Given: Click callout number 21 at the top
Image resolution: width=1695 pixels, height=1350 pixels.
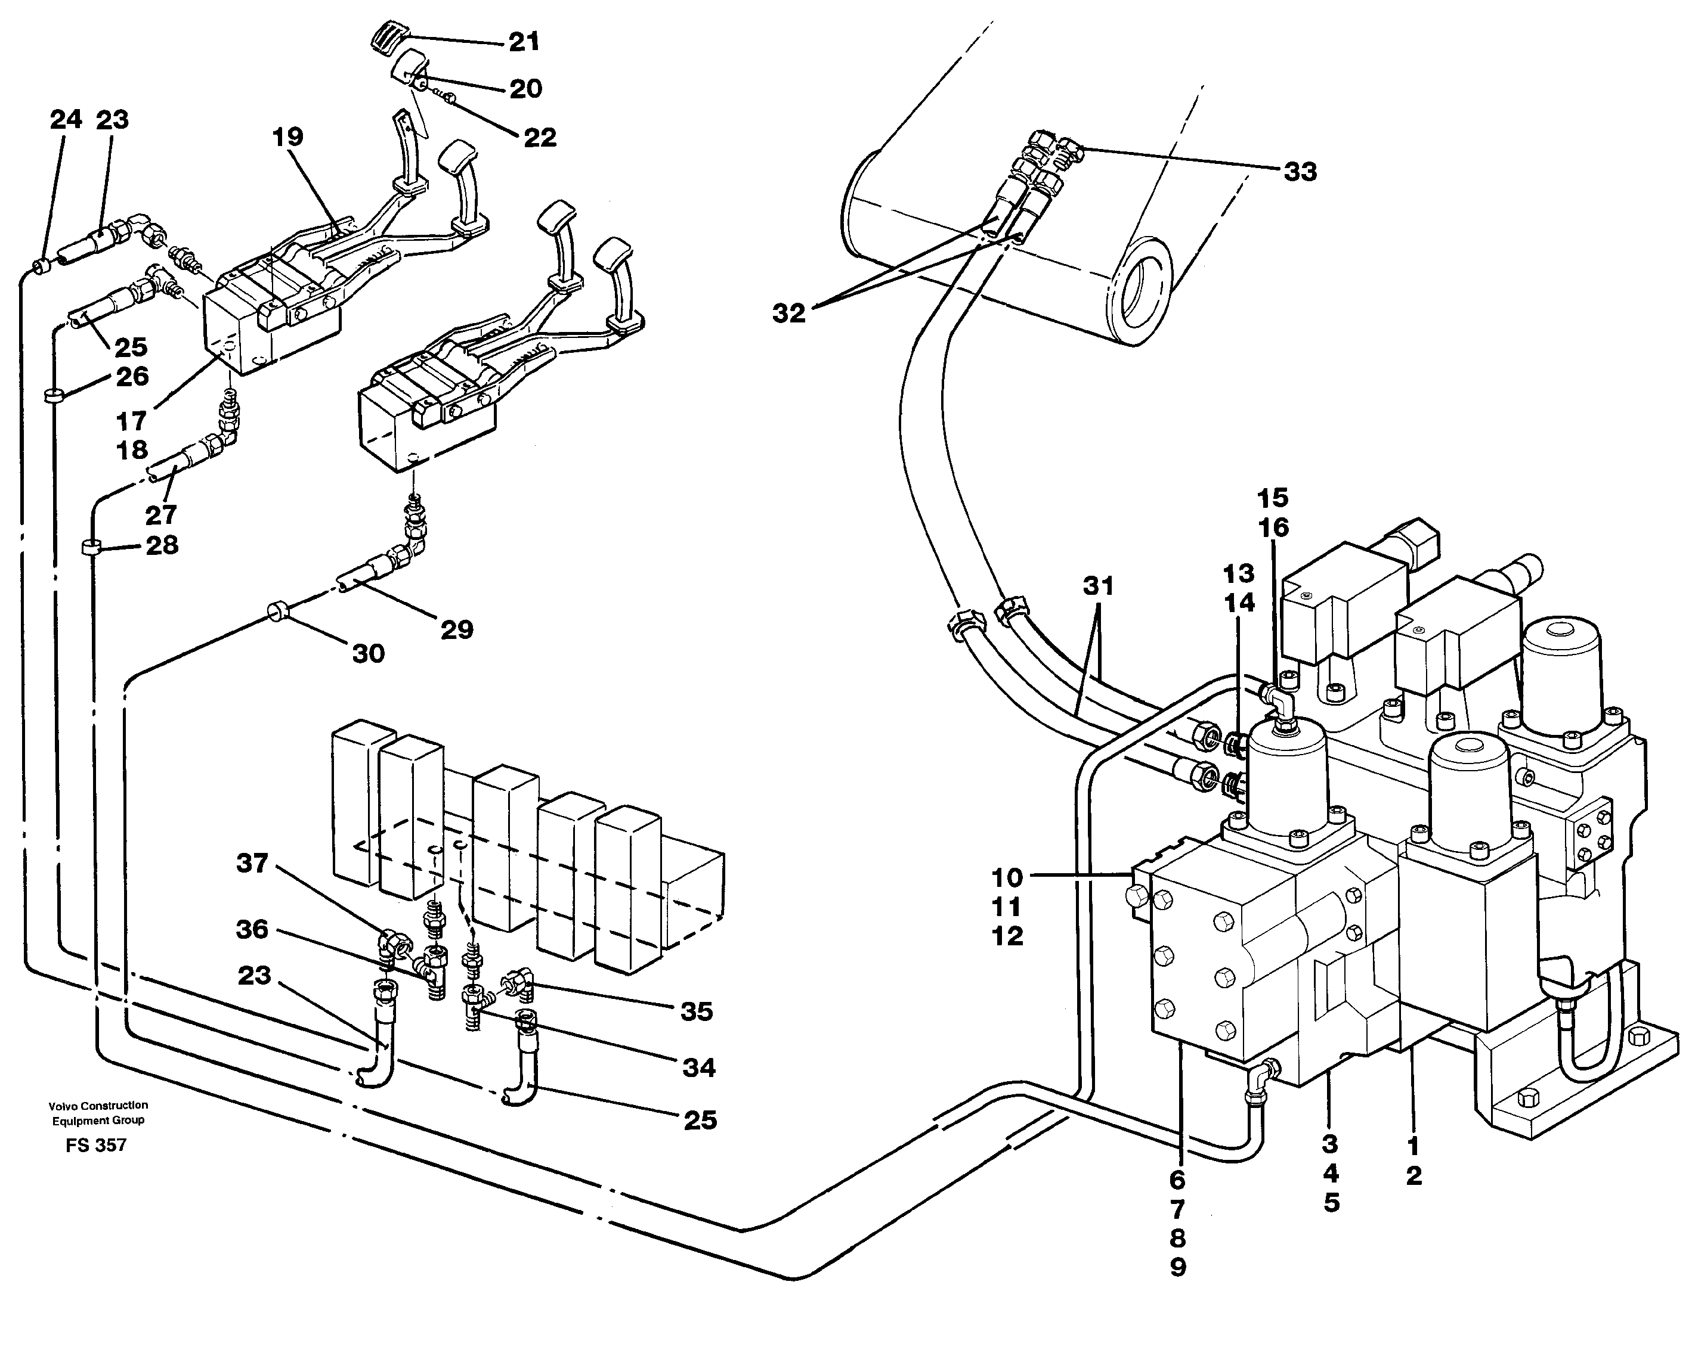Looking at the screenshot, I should pyautogui.click(x=524, y=42).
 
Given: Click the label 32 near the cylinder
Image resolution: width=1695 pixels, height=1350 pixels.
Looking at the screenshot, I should pyautogui.click(x=788, y=314).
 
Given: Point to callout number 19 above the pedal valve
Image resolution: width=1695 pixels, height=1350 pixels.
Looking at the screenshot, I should pyautogui.click(x=287, y=138).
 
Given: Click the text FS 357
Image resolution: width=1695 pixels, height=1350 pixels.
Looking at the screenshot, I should pyautogui.click(x=96, y=1146).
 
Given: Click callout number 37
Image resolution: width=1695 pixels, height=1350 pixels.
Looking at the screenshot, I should pyautogui.click(x=252, y=864).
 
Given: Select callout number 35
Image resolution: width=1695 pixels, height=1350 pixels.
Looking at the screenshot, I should pyautogui.click(x=697, y=1011).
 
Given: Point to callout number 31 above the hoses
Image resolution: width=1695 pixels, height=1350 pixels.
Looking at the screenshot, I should pyautogui.click(x=1099, y=586).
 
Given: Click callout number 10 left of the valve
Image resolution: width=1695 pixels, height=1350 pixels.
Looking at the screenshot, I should pyautogui.click(x=1007, y=878).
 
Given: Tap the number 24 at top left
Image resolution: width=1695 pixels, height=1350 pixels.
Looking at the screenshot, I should pyautogui.click(x=66, y=120).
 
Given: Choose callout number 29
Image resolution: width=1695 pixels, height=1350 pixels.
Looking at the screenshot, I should pyautogui.click(x=457, y=629).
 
